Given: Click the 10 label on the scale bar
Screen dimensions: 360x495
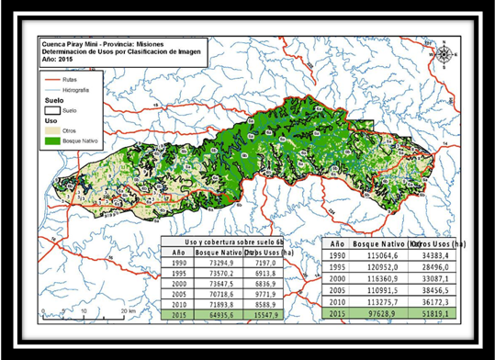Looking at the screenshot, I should point(84,311).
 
